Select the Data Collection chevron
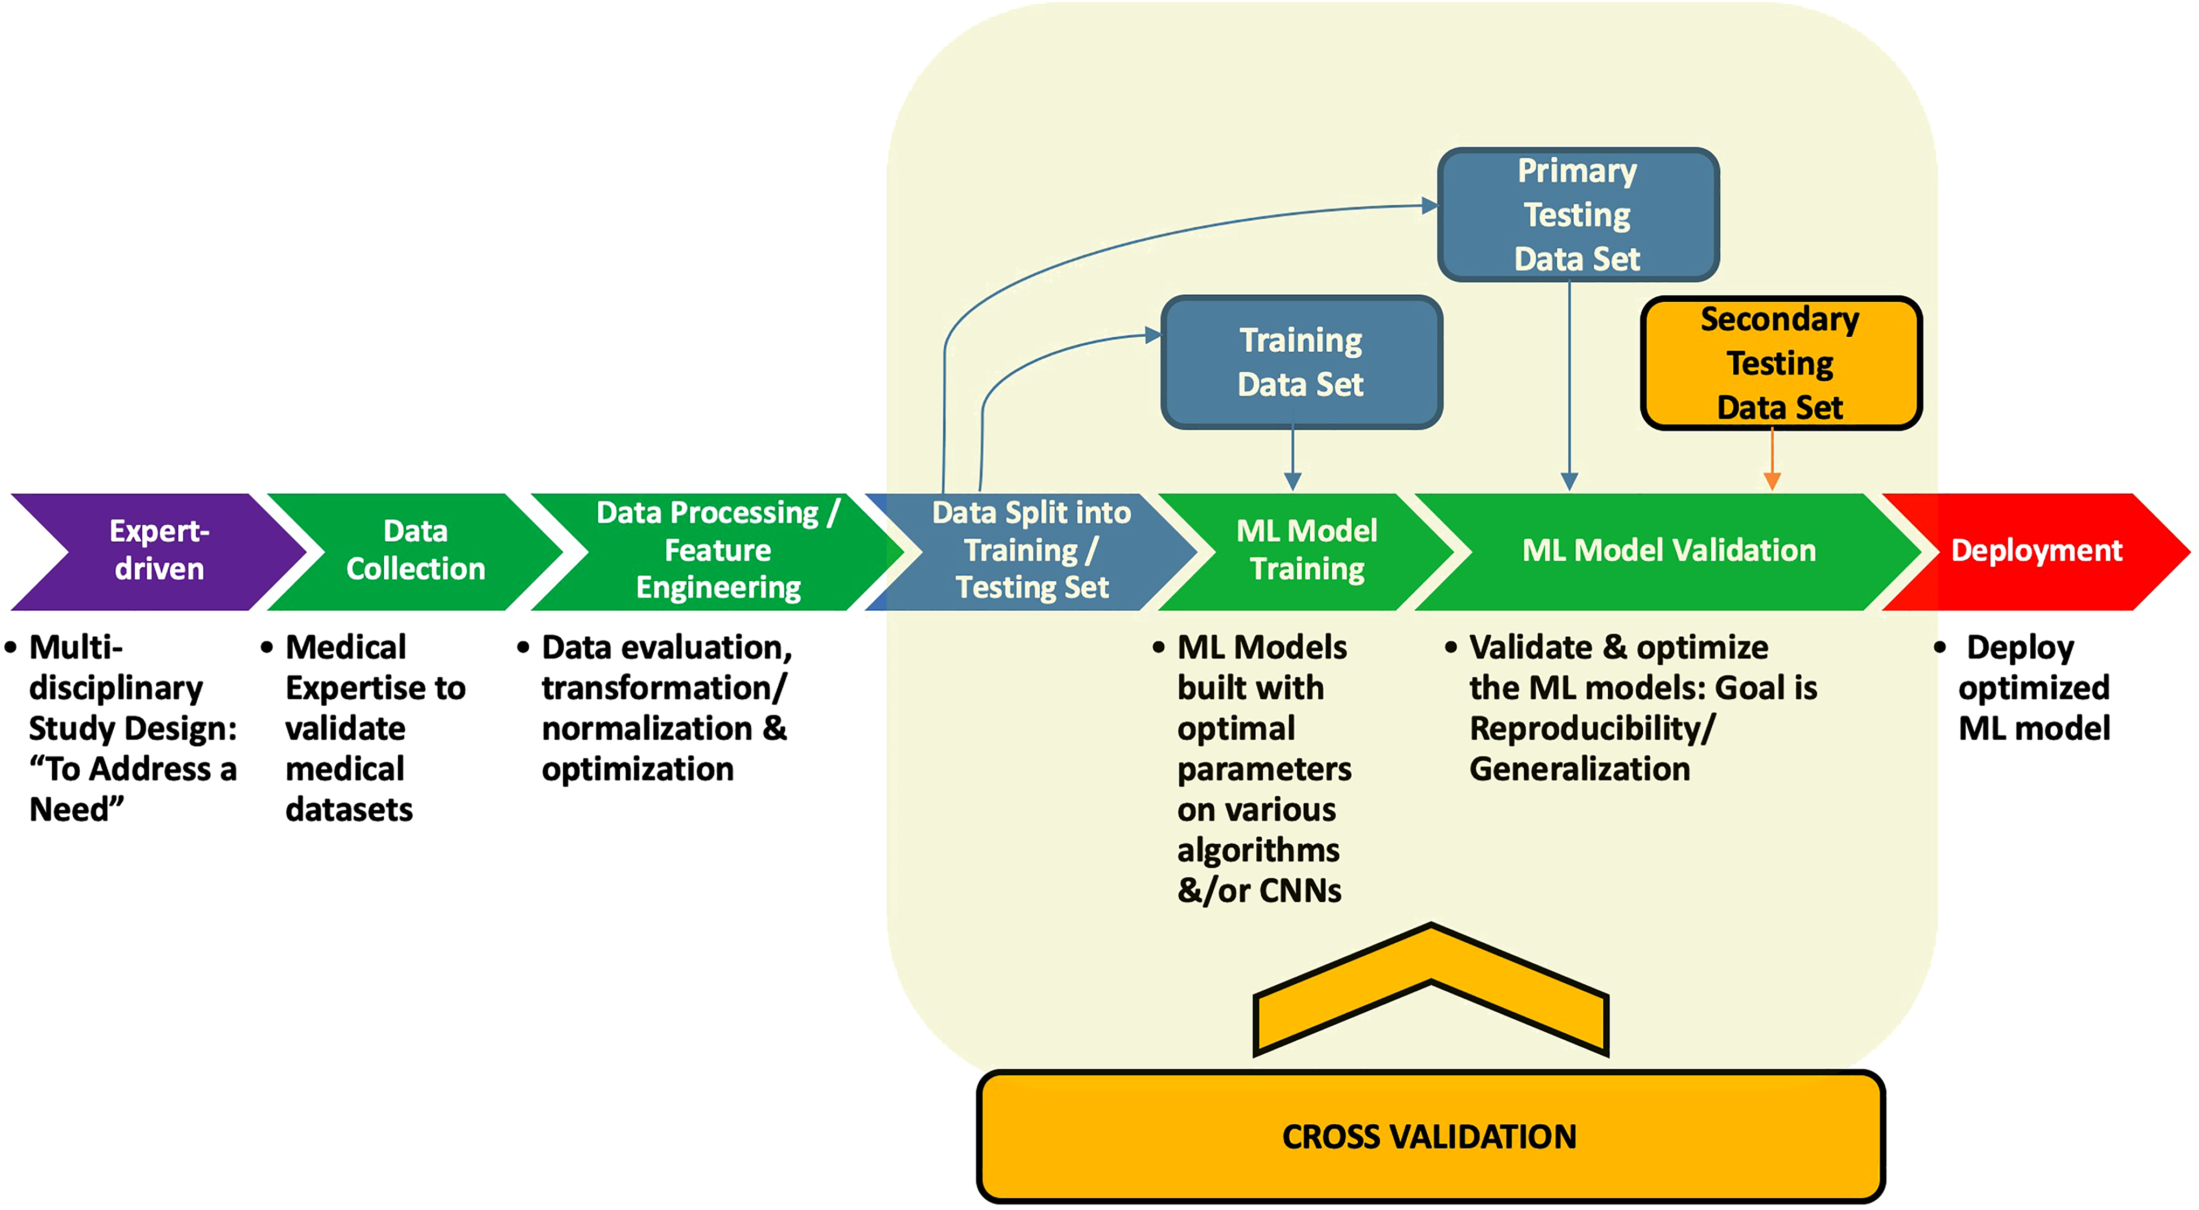416,551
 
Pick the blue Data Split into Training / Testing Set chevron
1031,551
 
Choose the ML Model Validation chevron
1669,551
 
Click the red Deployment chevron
2036,551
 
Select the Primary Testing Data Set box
1578,215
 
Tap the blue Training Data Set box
1301,363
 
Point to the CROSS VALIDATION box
1430,1137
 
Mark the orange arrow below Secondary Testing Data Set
1772,461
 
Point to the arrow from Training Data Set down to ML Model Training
1294,461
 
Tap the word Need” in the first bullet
77,810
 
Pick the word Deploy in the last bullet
2020,648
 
